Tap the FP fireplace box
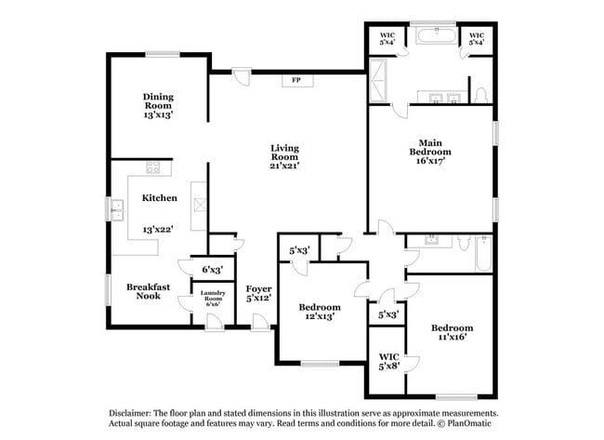(x=297, y=81)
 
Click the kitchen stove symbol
(x=154, y=168)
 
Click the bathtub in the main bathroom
(x=435, y=38)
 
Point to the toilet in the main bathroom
(x=479, y=95)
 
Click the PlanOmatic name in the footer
(x=472, y=424)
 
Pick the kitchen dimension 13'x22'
(x=160, y=229)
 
